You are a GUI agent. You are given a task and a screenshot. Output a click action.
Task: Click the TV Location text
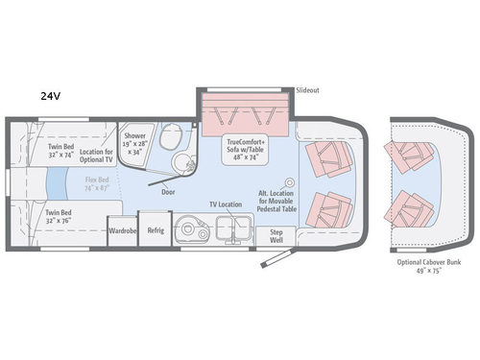click(225, 205)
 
